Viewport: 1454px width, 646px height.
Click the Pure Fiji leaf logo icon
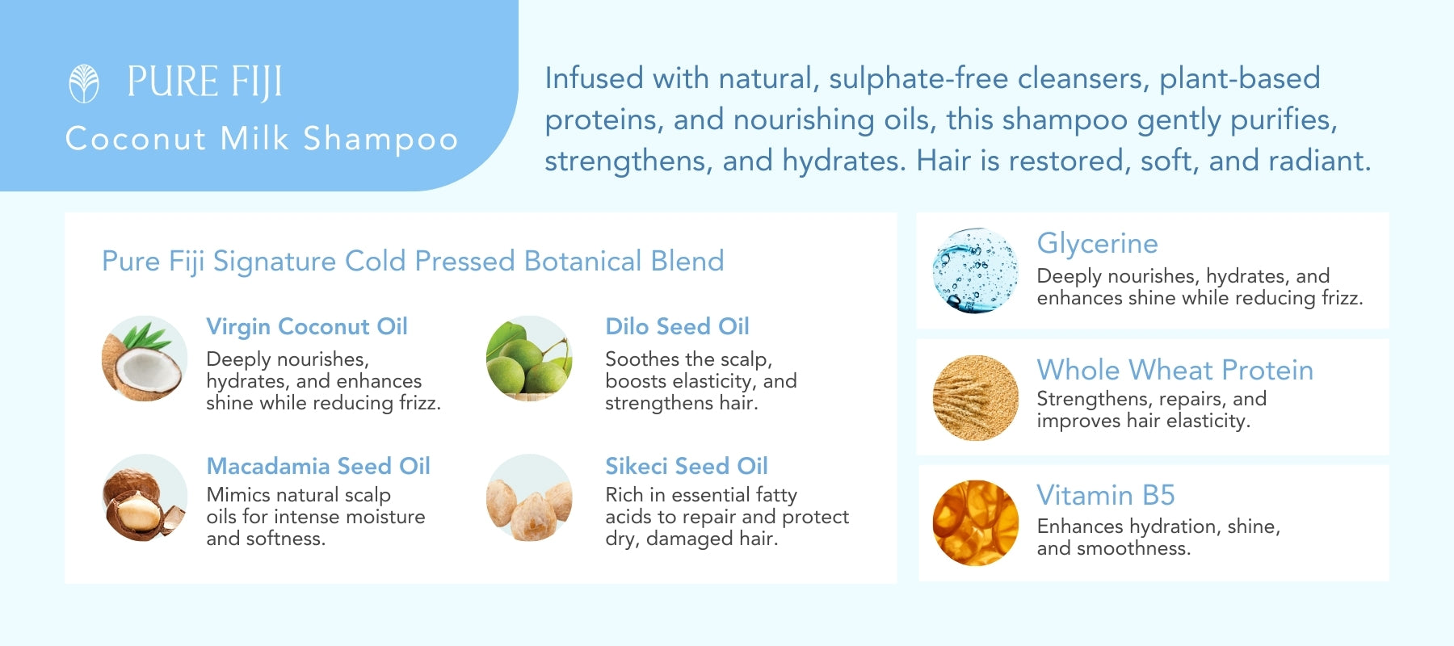[x=84, y=83]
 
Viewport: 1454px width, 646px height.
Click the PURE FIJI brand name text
[x=204, y=82]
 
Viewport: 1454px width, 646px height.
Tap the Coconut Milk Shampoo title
[x=262, y=139]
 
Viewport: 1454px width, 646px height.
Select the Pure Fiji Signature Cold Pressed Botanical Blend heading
[x=413, y=261]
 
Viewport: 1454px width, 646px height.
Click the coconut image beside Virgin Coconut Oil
[x=145, y=359]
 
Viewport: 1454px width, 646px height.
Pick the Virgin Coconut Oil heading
[x=307, y=326]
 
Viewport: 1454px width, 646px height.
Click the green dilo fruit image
[x=529, y=359]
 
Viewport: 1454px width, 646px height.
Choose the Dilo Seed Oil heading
[x=678, y=326]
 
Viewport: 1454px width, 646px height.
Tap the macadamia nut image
[x=145, y=497]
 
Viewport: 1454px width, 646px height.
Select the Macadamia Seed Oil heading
[x=318, y=466]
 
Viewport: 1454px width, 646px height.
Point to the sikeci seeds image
[x=529, y=497]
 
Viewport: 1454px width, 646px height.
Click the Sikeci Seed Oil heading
[x=687, y=466]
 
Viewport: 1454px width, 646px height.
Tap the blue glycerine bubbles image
[x=976, y=271]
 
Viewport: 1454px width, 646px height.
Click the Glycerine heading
[x=1098, y=243]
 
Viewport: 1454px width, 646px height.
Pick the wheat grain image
[x=976, y=398]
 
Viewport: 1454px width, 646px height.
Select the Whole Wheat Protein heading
[x=1175, y=370]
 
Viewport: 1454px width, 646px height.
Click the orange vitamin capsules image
[x=976, y=523]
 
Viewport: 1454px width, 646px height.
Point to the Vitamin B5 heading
[x=1106, y=495]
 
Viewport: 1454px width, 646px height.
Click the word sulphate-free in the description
[x=918, y=79]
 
